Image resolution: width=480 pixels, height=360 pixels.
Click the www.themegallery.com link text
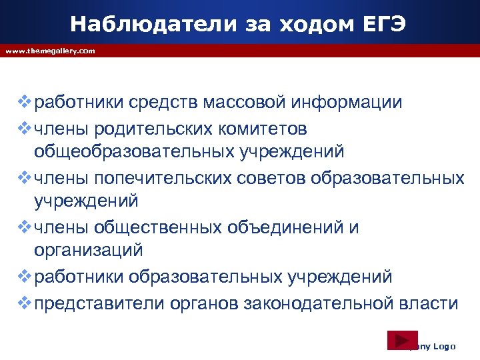point(50,51)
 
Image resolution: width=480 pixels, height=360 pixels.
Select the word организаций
point(89,251)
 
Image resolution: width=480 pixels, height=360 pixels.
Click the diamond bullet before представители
point(25,303)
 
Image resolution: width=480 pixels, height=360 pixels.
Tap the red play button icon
point(402,340)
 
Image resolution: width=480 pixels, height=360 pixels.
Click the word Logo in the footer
point(444,346)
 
